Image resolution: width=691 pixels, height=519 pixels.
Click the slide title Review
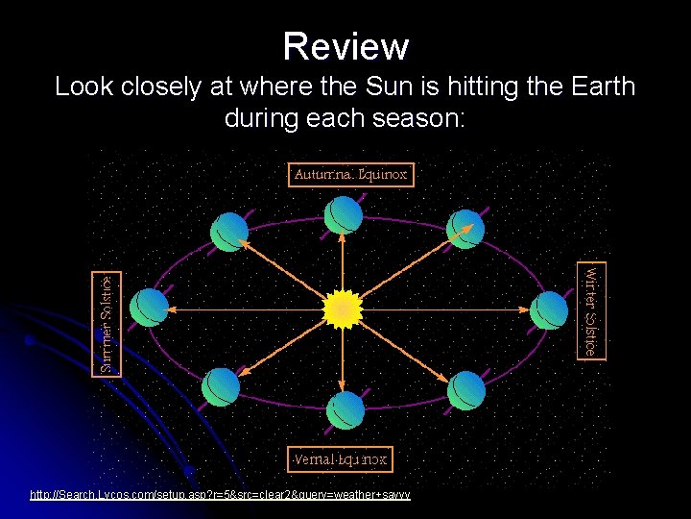345,45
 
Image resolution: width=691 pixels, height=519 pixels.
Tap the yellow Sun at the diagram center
342,309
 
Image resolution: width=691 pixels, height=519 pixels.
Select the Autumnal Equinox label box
351,175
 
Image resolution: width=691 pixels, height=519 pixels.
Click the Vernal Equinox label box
340,458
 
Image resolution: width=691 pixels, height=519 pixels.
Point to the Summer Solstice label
107,325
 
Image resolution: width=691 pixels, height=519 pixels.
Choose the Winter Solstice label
591,309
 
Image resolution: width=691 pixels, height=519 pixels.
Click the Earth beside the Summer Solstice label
150,308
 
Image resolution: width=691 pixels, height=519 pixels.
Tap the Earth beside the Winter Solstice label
549,309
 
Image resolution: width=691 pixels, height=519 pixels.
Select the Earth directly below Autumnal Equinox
344,215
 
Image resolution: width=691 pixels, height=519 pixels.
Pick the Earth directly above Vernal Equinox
345,410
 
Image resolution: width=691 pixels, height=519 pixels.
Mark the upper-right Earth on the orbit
467,227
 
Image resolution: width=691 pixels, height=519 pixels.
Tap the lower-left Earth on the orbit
221,387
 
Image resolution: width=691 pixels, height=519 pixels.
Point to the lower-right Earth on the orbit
467,388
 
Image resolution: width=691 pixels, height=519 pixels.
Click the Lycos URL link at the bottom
220,494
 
